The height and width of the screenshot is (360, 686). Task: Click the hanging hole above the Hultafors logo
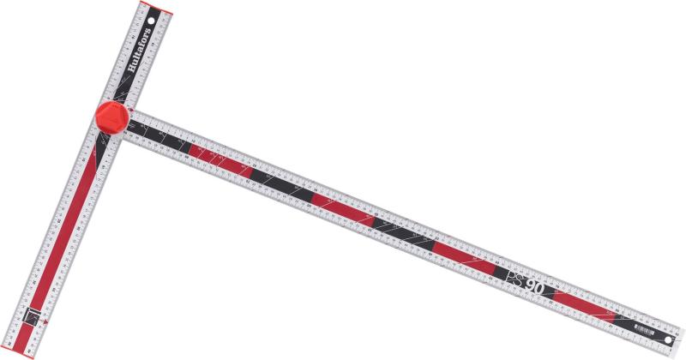tap(153, 16)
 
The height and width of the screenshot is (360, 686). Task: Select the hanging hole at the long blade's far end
tap(668, 340)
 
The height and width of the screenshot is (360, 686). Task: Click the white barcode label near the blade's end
tap(642, 328)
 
